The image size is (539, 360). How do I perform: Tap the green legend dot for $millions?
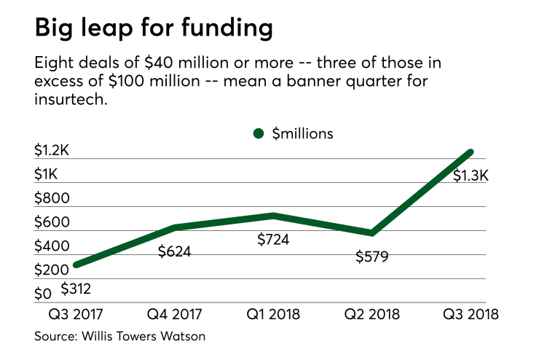coord(258,133)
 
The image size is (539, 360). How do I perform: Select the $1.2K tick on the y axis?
coord(52,151)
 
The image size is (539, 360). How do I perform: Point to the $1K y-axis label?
coord(47,175)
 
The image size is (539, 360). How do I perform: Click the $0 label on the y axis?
coord(43,294)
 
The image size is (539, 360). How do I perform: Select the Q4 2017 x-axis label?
coord(173,315)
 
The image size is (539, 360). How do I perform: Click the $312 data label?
coord(76,289)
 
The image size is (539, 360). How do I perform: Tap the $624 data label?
coord(175,252)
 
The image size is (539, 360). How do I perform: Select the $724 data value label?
coord(275,239)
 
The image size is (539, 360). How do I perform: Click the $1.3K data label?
coord(471,176)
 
